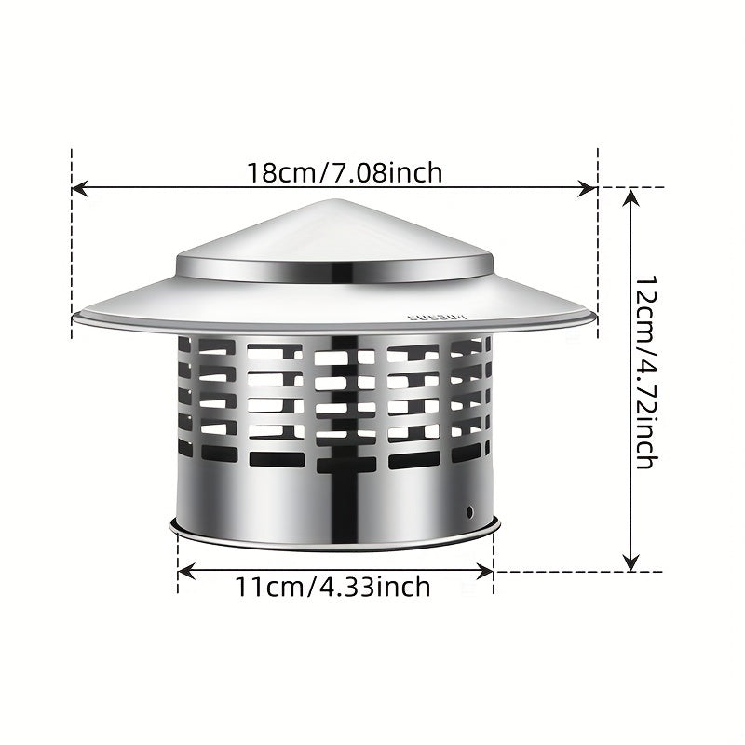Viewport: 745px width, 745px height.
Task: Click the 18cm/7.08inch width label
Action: pos(345,172)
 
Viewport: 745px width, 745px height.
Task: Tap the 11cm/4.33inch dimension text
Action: pos(332,588)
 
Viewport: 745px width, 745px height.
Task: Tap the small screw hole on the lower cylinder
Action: pos(470,511)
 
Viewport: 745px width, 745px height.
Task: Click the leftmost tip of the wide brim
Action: pos(75,316)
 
